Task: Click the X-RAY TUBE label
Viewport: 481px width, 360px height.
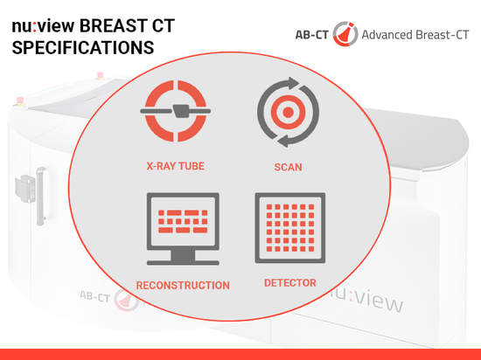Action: (176, 166)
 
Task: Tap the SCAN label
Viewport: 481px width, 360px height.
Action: (288, 167)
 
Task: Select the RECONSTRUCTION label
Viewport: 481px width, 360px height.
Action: (183, 285)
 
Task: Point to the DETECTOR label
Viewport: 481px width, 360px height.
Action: (290, 283)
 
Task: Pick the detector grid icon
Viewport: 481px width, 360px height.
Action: (290, 228)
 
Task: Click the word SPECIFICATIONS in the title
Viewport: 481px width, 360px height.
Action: (83, 47)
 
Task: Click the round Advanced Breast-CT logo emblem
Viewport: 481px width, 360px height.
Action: (345, 34)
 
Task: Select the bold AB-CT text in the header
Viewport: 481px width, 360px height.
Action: (311, 35)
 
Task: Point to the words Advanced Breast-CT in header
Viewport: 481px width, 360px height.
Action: (415, 35)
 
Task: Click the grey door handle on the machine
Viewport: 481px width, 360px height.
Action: (41, 196)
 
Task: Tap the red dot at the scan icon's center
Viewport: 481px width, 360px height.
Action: (288, 112)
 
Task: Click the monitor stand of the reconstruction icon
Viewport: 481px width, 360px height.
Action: (183, 258)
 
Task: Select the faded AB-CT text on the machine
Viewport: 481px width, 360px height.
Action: (94, 296)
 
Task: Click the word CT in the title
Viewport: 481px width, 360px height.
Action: (164, 25)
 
